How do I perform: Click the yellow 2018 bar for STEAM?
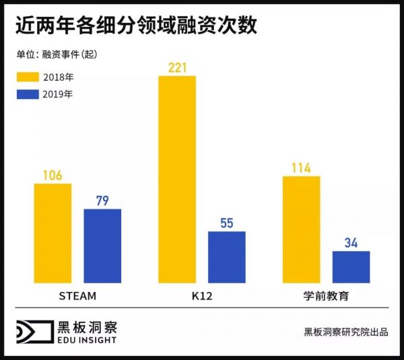click(53, 233)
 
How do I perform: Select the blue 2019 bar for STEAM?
click(102, 246)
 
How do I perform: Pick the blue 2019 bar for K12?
click(227, 256)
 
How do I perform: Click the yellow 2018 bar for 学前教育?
click(301, 229)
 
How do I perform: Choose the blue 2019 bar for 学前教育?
click(351, 266)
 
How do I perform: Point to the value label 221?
click(177, 68)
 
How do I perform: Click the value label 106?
click(53, 176)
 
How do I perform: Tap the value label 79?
click(102, 201)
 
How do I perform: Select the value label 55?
click(227, 223)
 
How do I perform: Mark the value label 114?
click(301, 168)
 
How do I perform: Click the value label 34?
click(351, 243)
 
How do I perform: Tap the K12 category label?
click(201, 295)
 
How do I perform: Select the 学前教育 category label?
click(326, 295)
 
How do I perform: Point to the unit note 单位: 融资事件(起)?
click(60, 54)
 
